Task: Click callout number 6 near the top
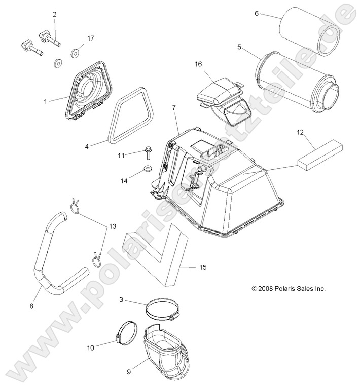tap(257, 14)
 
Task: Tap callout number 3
tap(121, 300)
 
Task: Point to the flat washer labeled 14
tap(147, 169)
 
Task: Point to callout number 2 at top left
tap(54, 15)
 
